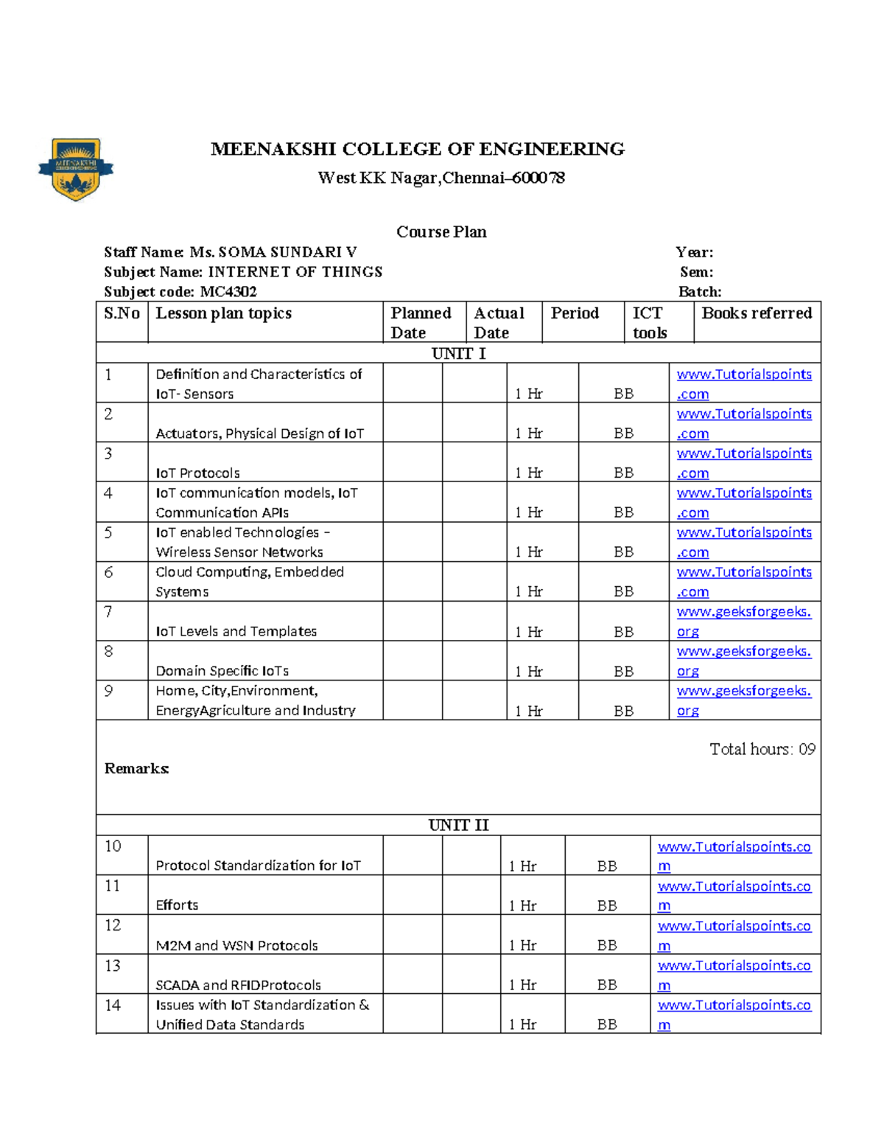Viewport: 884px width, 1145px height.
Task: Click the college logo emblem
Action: tap(76, 169)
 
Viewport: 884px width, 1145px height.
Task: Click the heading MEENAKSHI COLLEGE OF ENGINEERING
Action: tap(418, 149)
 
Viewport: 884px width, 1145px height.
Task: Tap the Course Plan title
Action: tap(441, 232)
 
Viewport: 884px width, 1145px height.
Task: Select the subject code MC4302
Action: tap(228, 291)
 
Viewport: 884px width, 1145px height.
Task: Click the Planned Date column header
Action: tap(421, 322)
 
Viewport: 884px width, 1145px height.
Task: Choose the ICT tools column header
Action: tap(649, 322)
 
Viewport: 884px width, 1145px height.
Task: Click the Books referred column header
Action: tap(757, 313)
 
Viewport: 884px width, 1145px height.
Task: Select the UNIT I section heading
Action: tap(458, 353)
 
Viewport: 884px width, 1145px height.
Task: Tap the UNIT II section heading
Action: tap(458, 825)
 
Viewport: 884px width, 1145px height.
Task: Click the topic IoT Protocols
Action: tap(197, 473)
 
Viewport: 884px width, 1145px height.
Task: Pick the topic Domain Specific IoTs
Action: tap(222, 670)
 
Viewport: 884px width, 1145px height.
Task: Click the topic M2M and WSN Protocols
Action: tap(236, 945)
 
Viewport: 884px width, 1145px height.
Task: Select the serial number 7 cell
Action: tap(108, 611)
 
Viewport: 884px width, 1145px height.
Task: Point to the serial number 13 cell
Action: tap(113, 965)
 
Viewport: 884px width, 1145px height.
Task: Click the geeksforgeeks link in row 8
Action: tap(743, 652)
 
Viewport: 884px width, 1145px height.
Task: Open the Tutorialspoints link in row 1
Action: tap(744, 375)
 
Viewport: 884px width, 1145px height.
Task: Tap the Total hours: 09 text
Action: tap(762, 749)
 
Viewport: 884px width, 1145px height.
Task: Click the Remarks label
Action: tap(136, 768)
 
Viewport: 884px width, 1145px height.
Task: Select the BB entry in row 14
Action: tap(607, 1024)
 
